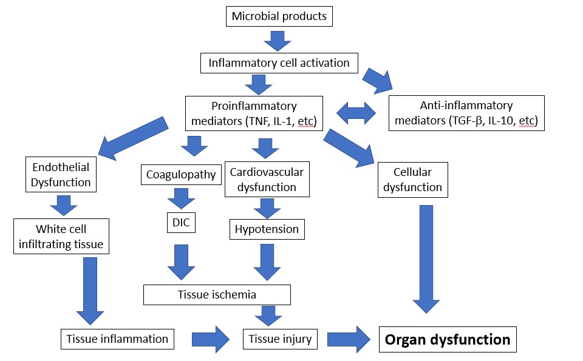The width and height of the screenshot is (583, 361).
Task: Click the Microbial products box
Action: coord(279,16)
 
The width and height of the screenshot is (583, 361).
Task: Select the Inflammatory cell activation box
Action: coord(279,62)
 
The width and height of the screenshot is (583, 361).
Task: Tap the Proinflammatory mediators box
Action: coord(253,113)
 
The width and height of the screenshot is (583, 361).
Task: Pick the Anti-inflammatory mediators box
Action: coord(466,113)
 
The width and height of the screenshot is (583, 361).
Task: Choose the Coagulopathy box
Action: coord(181,175)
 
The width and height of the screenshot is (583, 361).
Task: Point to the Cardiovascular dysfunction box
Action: coord(267,180)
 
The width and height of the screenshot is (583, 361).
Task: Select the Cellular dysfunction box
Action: coord(412,180)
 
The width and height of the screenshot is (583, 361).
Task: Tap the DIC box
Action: coord(181,223)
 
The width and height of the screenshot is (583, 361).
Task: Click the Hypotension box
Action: coord(267,229)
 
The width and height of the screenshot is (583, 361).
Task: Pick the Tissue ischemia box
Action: coord(217,294)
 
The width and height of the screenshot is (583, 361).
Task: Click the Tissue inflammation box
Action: coord(117,339)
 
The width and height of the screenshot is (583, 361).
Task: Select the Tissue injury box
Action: coord(280,339)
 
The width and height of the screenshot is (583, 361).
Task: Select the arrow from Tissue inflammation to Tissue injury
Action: coord(211,339)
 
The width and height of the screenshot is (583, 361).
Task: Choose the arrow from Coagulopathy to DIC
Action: coord(181,198)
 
